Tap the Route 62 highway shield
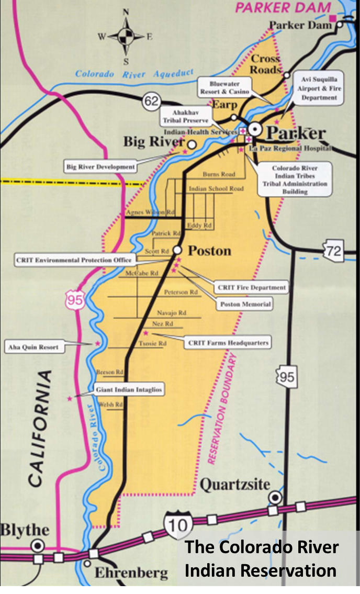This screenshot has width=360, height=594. pyautogui.click(x=151, y=102)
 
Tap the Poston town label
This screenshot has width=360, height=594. pyautogui.click(x=209, y=251)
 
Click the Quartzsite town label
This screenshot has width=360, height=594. pyautogui.click(x=233, y=485)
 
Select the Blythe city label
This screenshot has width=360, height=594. pyautogui.click(x=24, y=529)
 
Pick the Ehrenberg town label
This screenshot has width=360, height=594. pyautogui.click(x=131, y=573)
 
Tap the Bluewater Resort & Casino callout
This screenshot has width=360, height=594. pyautogui.click(x=225, y=87)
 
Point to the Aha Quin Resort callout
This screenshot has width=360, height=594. pyautogui.click(x=32, y=346)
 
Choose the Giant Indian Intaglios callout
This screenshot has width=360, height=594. pyautogui.click(x=129, y=390)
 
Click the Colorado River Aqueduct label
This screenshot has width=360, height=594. pyautogui.click(x=134, y=74)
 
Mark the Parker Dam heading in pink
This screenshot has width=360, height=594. pyautogui.click(x=283, y=8)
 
